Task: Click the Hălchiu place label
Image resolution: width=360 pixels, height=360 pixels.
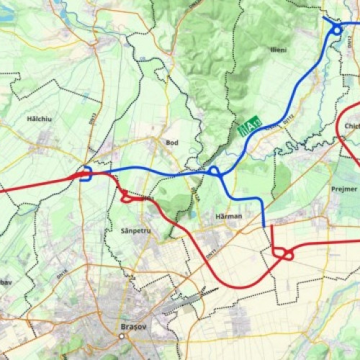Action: pos(40,118)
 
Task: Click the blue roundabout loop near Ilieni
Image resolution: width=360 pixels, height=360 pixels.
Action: pos(337,30)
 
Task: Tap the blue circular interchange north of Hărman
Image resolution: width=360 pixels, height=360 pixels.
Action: pos(213,171)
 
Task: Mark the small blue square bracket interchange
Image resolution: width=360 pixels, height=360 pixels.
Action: pos(85,174)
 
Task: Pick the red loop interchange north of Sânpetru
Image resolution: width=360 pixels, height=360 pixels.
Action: pos(125,196)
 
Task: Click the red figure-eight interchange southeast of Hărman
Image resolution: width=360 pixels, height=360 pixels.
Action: pos(283,253)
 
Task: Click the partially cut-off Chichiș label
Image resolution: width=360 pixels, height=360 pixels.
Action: pos(351,127)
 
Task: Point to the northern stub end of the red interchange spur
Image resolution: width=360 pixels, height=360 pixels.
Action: pos(272,227)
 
